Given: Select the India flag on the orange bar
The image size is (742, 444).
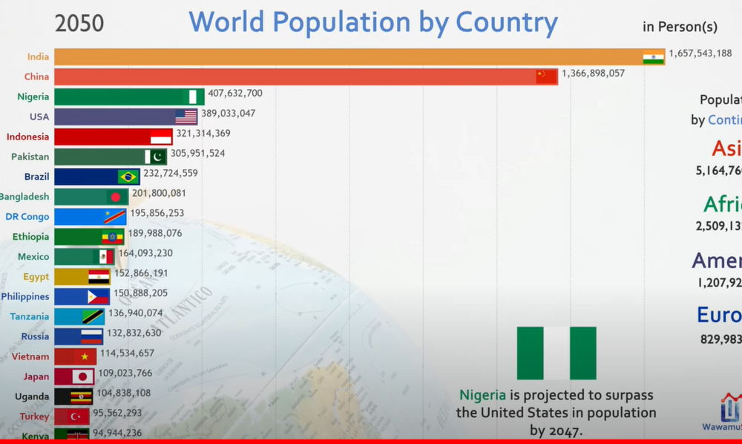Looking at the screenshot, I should [x=654, y=57].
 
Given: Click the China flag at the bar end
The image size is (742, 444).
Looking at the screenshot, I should [x=547, y=76].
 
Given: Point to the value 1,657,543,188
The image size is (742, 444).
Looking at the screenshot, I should [x=700, y=53].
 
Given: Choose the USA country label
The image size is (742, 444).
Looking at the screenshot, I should [x=39, y=117].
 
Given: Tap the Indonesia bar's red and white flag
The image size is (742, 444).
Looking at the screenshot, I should [x=161, y=137].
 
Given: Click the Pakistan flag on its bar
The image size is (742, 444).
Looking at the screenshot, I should [x=156, y=157].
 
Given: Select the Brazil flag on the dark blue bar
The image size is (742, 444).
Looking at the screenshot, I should [x=128, y=177].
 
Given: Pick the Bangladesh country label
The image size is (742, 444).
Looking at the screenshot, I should [x=24, y=197].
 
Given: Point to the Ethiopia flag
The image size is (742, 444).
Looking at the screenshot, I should [x=113, y=237].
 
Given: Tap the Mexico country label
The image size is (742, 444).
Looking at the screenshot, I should [x=33, y=257].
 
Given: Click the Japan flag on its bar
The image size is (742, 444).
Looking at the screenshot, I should [x=81, y=376].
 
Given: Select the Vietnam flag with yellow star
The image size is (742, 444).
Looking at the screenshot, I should [x=86, y=356].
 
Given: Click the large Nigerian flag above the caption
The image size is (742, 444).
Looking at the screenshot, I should [x=556, y=353].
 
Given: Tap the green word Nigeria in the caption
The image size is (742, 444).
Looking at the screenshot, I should [x=482, y=395].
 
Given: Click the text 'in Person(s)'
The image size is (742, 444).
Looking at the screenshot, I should [x=680, y=27].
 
